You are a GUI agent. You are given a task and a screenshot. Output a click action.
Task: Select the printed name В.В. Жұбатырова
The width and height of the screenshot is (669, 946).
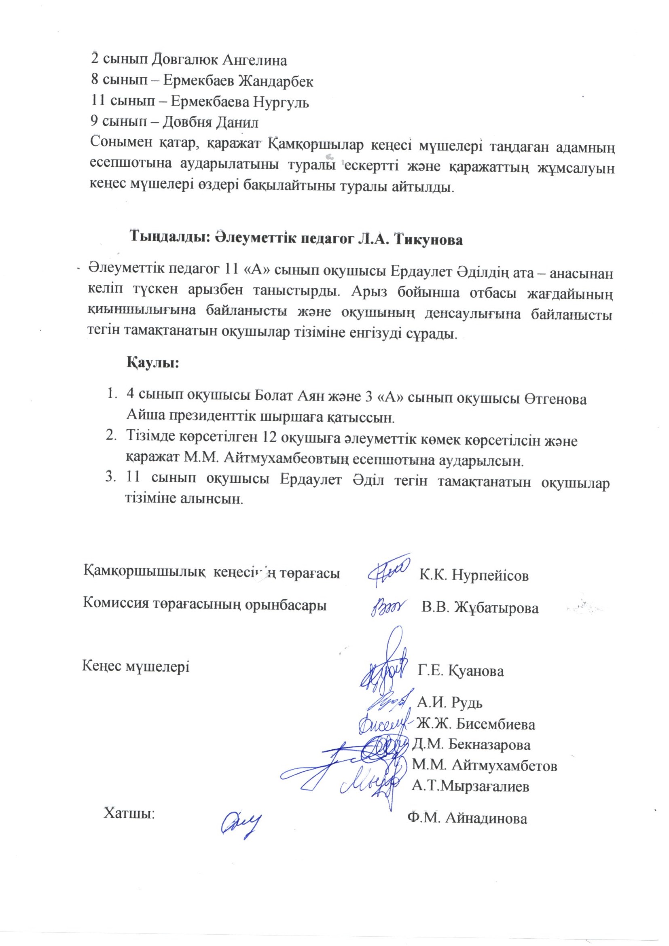tap(480, 608)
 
